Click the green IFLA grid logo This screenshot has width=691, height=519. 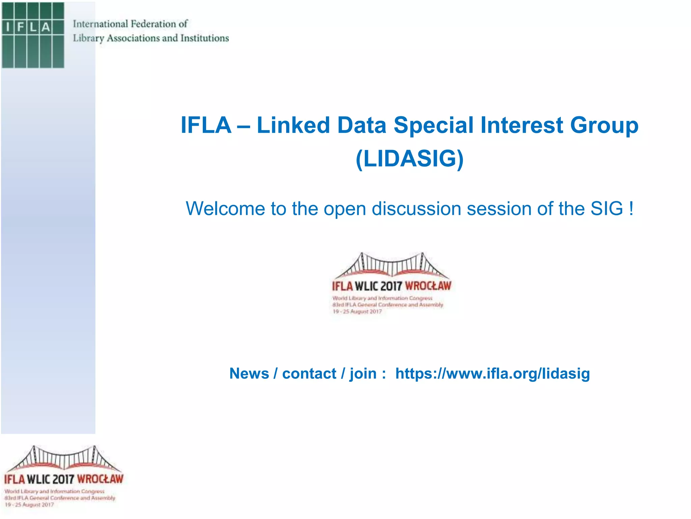[x=33, y=35]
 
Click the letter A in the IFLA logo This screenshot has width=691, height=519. [x=46, y=27]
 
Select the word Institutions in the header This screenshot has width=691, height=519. [x=204, y=38]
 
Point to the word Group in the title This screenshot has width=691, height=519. [x=604, y=125]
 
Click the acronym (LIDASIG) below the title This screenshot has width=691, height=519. [x=410, y=158]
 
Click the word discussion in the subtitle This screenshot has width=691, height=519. [x=416, y=208]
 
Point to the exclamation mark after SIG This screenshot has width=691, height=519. [x=631, y=208]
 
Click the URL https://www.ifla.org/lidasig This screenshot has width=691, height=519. [x=493, y=374]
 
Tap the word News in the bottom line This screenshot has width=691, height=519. [x=249, y=374]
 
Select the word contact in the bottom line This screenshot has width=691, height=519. [x=309, y=374]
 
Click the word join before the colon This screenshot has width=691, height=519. [x=363, y=374]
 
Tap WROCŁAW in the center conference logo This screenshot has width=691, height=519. [x=428, y=286]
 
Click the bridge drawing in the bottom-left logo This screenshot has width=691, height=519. [x=64, y=459]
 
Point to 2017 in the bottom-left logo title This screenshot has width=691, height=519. [x=63, y=479]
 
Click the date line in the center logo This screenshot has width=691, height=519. [x=357, y=312]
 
